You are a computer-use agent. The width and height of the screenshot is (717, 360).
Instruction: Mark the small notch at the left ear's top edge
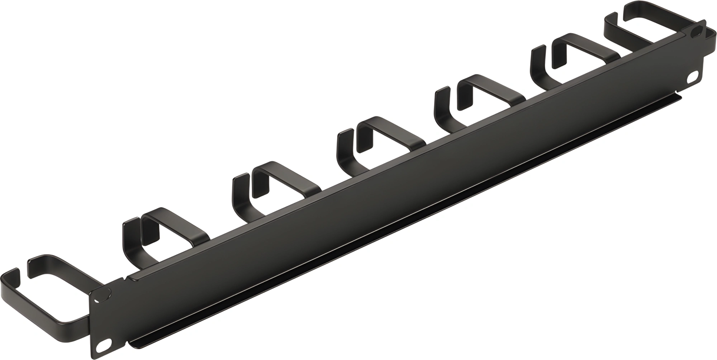click(126, 279)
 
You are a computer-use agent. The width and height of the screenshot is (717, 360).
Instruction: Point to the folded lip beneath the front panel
click(394, 233)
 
